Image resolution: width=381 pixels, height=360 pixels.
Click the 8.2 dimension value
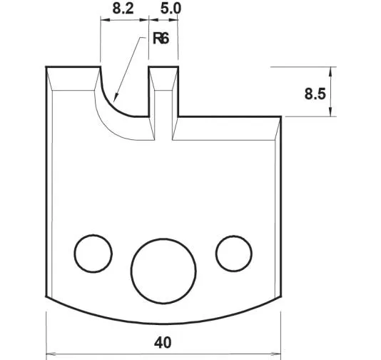pyautogui.click(x=122, y=10)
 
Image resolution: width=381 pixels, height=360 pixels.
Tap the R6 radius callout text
pyautogui.click(x=161, y=39)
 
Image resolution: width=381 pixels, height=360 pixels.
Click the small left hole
pyautogui.click(x=93, y=252)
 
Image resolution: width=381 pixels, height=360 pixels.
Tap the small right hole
pyautogui.click(x=234, y=251)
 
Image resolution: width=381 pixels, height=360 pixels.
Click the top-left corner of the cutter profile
pyautogui.click(x=47, y=68)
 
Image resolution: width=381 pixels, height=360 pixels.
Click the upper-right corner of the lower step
pyautogui.click(x=280, y=116)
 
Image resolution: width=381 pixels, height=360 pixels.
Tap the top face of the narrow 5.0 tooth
pyautogui.click(x=163, y=69)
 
